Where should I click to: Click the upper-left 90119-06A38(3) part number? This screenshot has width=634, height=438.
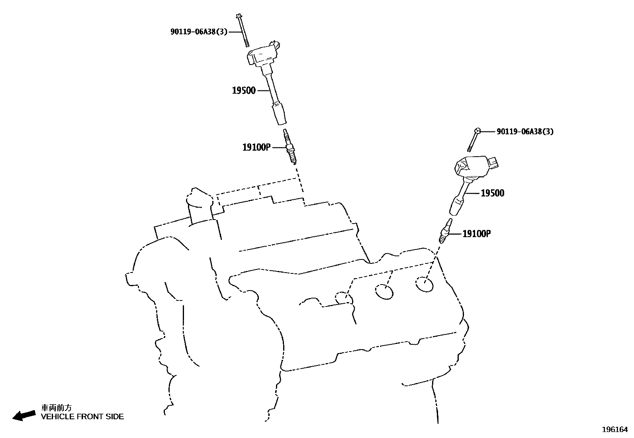[x=199, y=31]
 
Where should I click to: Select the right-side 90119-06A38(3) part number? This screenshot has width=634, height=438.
[x=525, y=132]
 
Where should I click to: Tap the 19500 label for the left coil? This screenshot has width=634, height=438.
[x=244, y=90]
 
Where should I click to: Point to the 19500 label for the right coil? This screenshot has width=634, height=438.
[x=492, y=193]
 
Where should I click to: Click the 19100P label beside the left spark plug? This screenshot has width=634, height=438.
[x=256, y=147]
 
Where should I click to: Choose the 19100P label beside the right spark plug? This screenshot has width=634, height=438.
[x=476, y=234]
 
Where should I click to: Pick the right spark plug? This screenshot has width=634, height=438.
[x=445, y=231]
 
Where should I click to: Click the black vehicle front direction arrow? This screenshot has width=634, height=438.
[x=24, y=415]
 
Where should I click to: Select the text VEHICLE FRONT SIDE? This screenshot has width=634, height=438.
[x=82, y=417]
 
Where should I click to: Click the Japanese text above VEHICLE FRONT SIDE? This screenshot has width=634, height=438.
[x=57, y=407]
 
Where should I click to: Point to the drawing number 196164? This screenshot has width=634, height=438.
[x=614, y=429]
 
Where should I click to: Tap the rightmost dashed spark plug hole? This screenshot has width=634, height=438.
[x=424, y=285]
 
